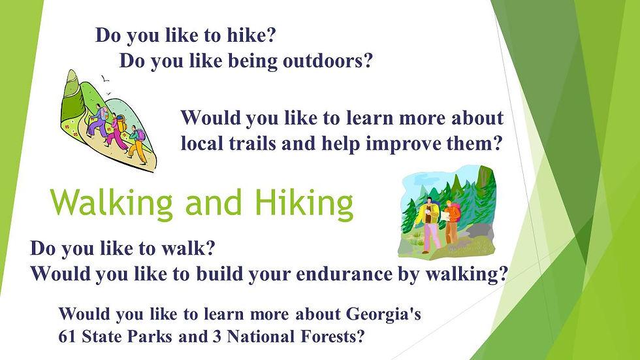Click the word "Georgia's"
pyautogui.click(x=383, y=314)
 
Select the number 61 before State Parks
pyautogui.click(x=67, y=336)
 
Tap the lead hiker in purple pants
pyautogui.click(x=98, y=120)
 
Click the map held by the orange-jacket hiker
pyautogui.click(x=451, y=215)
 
